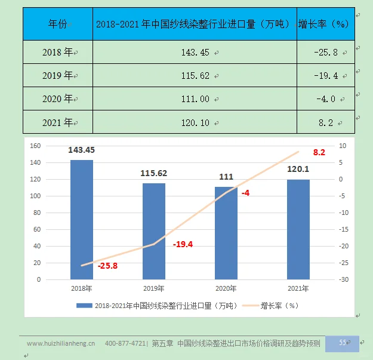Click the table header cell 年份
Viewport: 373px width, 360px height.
tap(58, 24)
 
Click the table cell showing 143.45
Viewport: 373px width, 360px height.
tap(195, 53)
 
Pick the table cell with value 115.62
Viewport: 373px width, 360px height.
tap(195, 76)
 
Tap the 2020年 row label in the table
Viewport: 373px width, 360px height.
tap(58, 99)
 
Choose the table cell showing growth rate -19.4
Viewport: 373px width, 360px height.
tap(325, 76)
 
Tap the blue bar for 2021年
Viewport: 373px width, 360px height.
tap(298, 229)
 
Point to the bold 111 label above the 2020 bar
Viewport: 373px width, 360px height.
tap(226, 177)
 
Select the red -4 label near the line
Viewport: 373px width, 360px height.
tap(245, 193)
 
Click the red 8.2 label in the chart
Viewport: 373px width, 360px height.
tap(319, 153)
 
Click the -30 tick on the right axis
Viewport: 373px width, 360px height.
tap(343, 279)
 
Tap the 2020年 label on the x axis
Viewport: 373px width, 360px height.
tap(226, 289)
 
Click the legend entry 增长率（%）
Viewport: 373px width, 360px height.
tap(279, 305)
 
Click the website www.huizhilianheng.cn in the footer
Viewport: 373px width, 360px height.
tap(61, 343)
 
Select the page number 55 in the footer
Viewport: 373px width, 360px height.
tap(343, 343)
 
